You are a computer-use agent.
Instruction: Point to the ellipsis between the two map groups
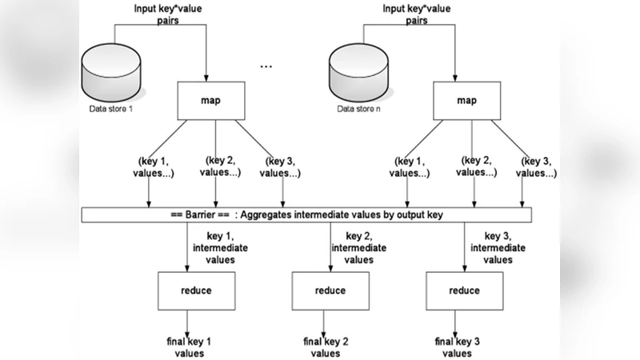click(266, 66)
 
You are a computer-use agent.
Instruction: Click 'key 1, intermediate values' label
click(226, 247)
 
